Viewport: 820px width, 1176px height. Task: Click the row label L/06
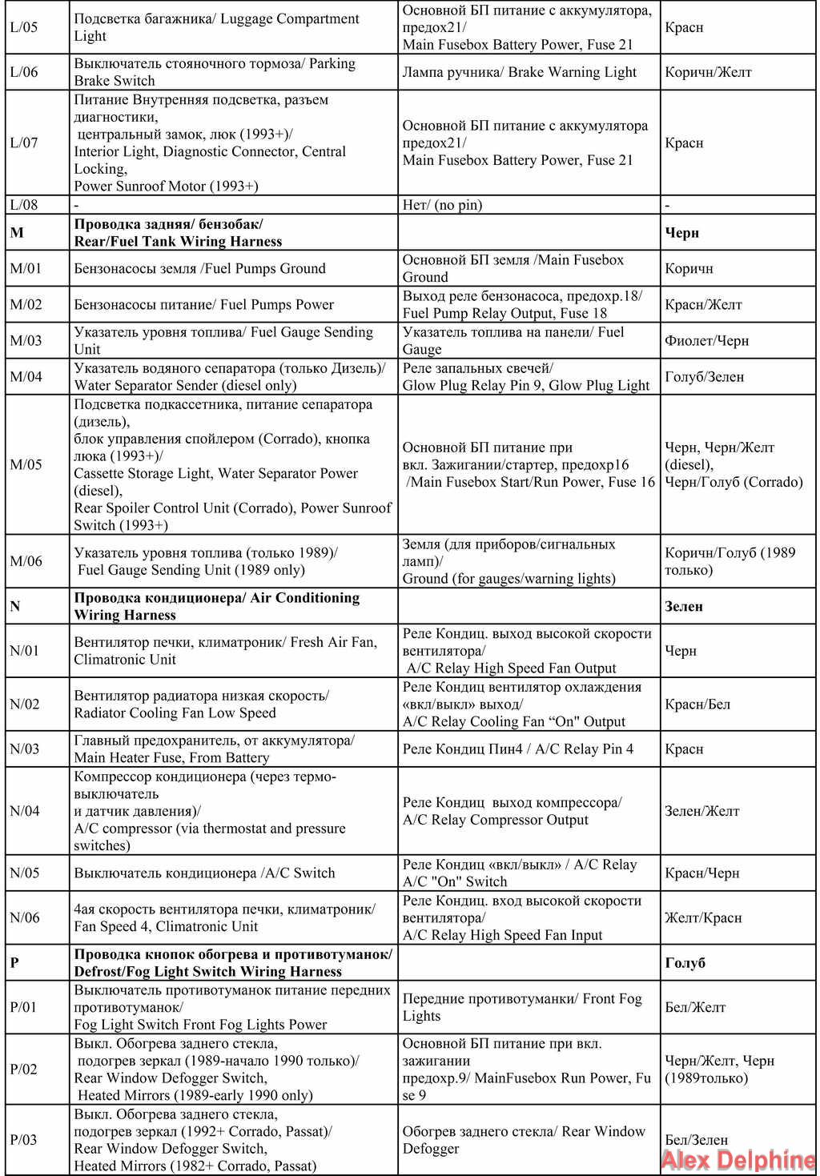(x=24, y=72)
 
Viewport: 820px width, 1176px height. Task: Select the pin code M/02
(x=26, y=304)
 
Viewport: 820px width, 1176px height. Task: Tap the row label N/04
(x=25, y=811)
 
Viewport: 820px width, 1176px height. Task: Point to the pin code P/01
(x=23, y=1007)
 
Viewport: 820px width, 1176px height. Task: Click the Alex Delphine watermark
(x=738, y=1160)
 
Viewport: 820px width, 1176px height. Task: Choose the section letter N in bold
(x=14, y=606)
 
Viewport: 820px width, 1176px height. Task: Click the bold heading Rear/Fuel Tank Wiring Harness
(x=178, y=241)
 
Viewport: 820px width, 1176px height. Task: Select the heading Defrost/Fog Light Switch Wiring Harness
(x=208, y=971)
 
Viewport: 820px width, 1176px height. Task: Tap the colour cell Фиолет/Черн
(x=706, y=340)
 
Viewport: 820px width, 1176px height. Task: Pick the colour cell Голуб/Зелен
(x=704, y=376)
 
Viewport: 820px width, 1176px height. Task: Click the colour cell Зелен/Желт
(x=701, y=811)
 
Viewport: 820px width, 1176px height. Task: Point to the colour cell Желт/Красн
(x=703, y=917)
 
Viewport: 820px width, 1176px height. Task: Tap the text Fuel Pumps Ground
(x=265, y=268)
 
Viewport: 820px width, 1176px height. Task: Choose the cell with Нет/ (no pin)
(x=442, y=205)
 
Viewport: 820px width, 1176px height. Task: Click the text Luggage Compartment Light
(x=217, y=27)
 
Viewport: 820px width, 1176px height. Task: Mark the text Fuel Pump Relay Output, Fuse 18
(x=504, y=313)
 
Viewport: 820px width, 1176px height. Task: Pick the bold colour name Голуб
(x=685, y=962)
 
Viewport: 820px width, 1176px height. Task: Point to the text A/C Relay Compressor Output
(x=496, y=820)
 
